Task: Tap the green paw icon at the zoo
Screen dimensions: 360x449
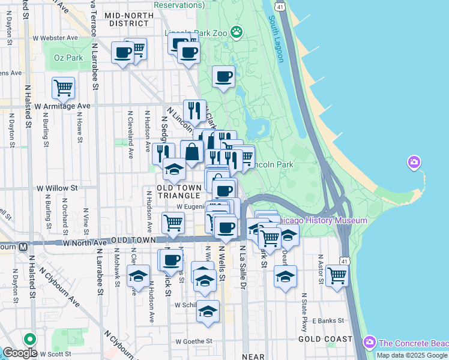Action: point(237,32)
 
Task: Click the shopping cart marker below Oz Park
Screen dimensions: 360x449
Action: point(63,89)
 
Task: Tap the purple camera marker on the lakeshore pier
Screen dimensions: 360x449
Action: point(414,162)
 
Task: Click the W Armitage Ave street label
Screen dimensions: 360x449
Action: point(62,106)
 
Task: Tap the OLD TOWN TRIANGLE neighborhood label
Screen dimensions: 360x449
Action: point(178,192)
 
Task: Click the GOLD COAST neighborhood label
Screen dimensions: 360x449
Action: point(326,339)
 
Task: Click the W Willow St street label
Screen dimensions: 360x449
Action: point(57,188)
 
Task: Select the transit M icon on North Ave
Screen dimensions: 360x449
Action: point(23,247)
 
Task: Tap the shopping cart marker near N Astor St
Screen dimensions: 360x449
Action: point(338,276)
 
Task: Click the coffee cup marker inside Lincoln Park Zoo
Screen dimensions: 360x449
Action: point(224,77)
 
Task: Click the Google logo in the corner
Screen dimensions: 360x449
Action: point(20,353)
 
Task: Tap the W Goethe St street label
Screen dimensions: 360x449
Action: point(194,341)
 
